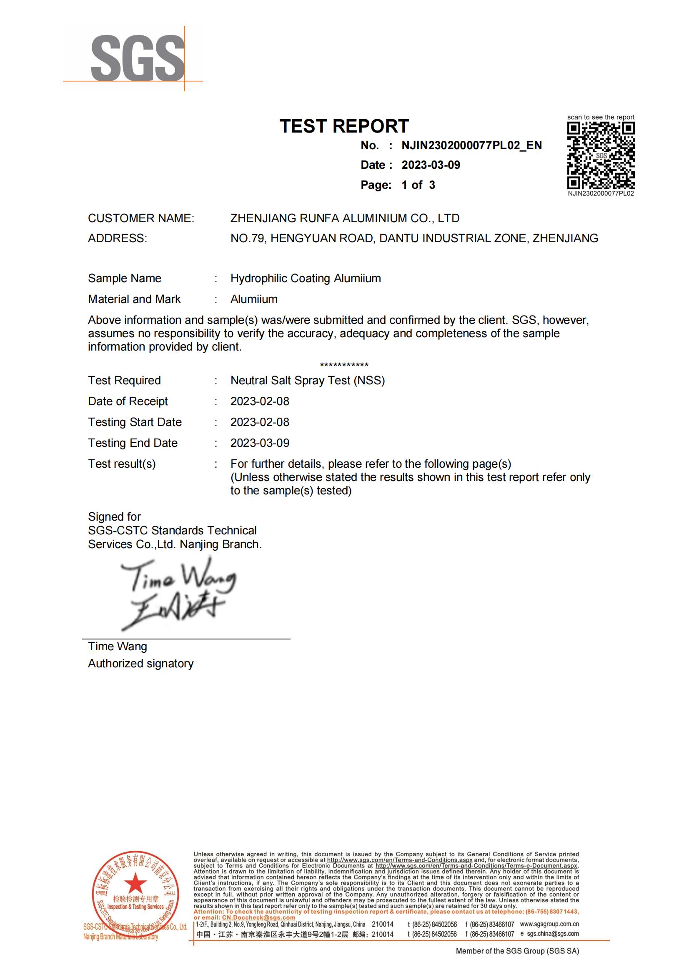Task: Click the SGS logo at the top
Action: click(x=138, y=59)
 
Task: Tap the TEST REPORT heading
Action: click(x=344, y=126)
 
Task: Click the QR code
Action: click(x=601, y=155)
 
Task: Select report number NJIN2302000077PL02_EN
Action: click(x=471, y=145)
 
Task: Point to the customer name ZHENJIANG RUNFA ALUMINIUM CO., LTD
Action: click(x=345, y=218)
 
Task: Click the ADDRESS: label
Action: click(x=118, y=238)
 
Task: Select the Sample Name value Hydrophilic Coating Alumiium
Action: click(x=306, y=278)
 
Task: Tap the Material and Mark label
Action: click(x=134, y=299)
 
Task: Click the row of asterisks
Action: click(x=344, y=365)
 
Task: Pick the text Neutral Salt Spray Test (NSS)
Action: click(x=307, y=381)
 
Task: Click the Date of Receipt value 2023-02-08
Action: click(x=260, y=401)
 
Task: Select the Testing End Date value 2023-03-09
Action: click(x=260, y=443)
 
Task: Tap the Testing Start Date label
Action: click(x=135, y=422)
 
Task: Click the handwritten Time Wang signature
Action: click(x=176, y=593)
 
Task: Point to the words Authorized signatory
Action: click(x=140, y=663)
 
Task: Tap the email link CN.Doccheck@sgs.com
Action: click(x=258, y=917)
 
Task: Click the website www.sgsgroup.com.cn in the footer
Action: click(x=549, y=924)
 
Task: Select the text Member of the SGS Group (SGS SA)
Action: click(x=517, y=951)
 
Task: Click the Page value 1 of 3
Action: click(x=418, y=185)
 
